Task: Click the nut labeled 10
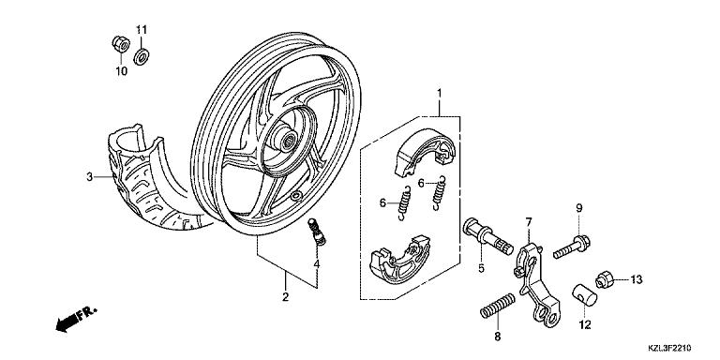[121, 44]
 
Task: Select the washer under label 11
[142, 57]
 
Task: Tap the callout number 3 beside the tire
[90, 177]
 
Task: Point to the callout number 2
[285, 297]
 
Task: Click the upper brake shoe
[425, 153]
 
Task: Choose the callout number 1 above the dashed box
[439, 94]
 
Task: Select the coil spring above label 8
[497, 307]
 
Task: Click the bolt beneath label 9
[572, 247]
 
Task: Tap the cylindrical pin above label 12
[584, 294]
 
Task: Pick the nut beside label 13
[604, 279]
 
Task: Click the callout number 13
[636, 279]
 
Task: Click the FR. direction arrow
[76, 318]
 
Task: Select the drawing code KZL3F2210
[670, 348]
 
